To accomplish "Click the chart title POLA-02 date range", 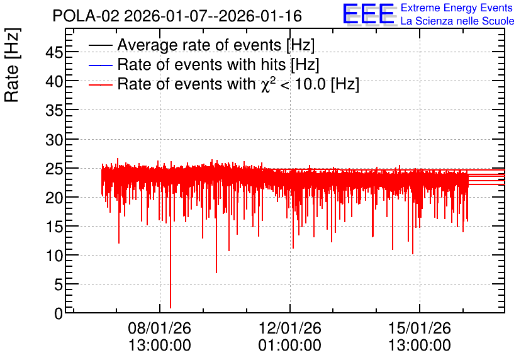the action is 177,16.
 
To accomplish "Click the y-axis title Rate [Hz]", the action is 12,65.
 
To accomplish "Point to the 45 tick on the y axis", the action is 54,52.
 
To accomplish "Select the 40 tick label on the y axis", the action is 54,81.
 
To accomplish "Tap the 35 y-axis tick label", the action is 54,110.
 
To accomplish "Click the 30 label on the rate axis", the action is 54,139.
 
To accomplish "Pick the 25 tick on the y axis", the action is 54,169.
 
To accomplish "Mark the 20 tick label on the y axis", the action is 54,197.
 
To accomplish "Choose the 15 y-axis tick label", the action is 54,227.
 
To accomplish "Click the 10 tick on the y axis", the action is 54,256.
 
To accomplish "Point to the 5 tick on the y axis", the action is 59,285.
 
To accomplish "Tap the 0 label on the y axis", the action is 59,313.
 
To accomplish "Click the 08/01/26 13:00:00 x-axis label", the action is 160,337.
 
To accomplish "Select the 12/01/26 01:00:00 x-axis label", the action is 290,337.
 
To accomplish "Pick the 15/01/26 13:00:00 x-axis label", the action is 420,337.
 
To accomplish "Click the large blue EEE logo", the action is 369,14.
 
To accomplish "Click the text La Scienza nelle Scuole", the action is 457,21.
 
